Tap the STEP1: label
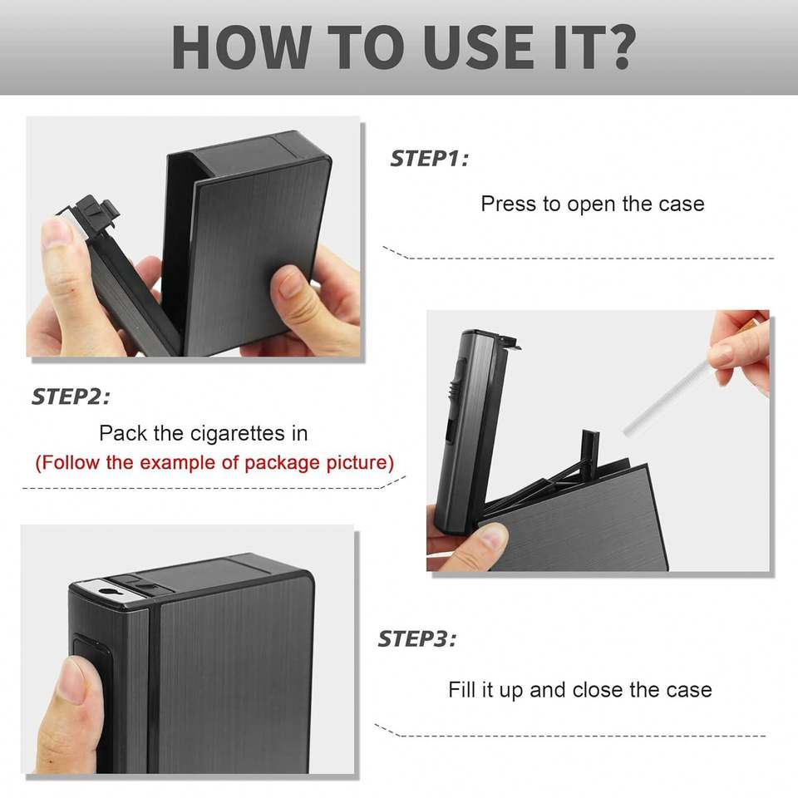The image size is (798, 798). (429, 158)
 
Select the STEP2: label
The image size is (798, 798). (71, 397)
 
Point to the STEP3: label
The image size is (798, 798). (416, 638)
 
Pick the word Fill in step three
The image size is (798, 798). (461, 690)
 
